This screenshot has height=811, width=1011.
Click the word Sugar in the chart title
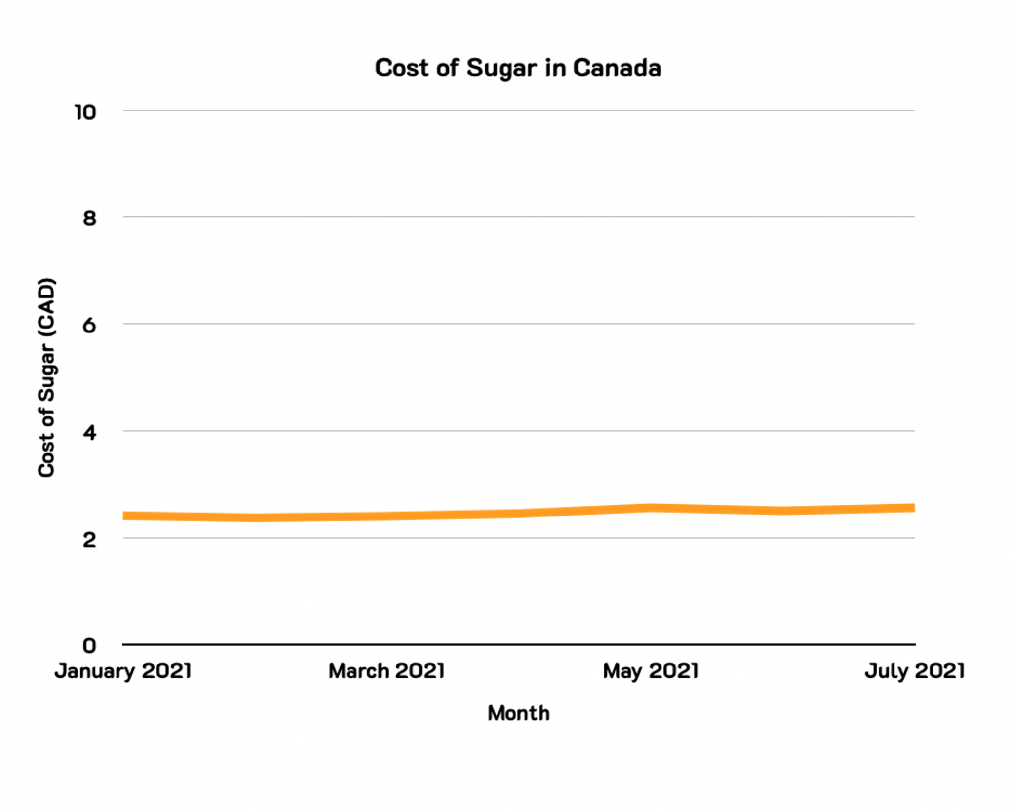501,69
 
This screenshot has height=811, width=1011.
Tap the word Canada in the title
617,68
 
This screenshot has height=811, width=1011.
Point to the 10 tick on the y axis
85,112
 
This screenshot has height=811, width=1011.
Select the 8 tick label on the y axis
89,219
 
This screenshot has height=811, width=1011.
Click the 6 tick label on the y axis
89,326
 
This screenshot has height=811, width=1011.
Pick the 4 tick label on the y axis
89,433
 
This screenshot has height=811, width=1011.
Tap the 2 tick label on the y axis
89,540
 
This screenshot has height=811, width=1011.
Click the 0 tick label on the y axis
89,645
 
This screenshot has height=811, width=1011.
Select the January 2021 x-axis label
123,671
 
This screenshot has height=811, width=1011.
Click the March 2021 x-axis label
387,671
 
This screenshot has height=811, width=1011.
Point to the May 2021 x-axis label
651,671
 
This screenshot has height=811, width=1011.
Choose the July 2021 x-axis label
914,671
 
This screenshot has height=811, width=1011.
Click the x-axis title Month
518,713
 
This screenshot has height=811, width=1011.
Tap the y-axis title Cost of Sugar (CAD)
47,377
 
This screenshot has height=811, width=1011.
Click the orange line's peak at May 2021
651,508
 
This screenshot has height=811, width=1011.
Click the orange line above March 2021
387,516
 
